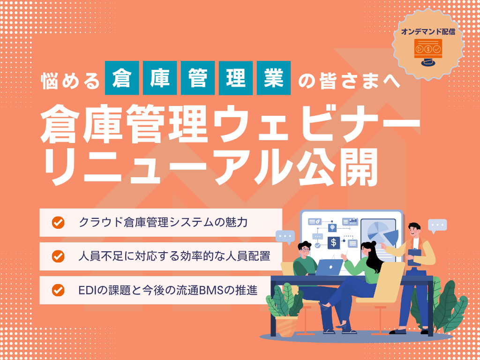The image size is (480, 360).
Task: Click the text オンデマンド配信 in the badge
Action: coord(428,32)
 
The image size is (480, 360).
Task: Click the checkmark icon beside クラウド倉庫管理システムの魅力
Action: coord(58,222)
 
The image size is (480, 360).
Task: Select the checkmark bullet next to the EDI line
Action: coord(58,290)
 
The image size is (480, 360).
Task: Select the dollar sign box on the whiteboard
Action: coord(334,242)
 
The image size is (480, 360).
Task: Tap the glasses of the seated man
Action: coord(305,249)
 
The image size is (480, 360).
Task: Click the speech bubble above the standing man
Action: coord(437,225)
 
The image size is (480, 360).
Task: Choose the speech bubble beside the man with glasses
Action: coord(285,235)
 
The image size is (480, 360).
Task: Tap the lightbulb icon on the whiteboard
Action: coord(332,227)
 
